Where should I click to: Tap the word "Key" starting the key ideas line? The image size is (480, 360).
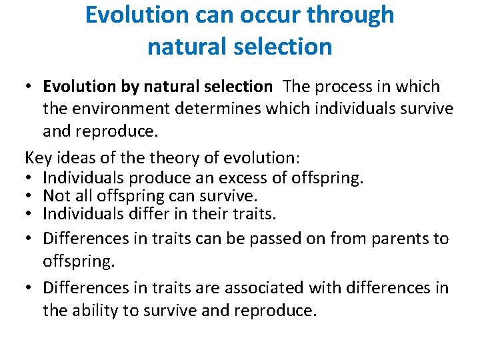[38, 157]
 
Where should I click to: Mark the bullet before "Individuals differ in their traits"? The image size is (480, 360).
[31, 215]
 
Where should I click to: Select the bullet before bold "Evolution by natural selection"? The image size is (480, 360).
[31, 87]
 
